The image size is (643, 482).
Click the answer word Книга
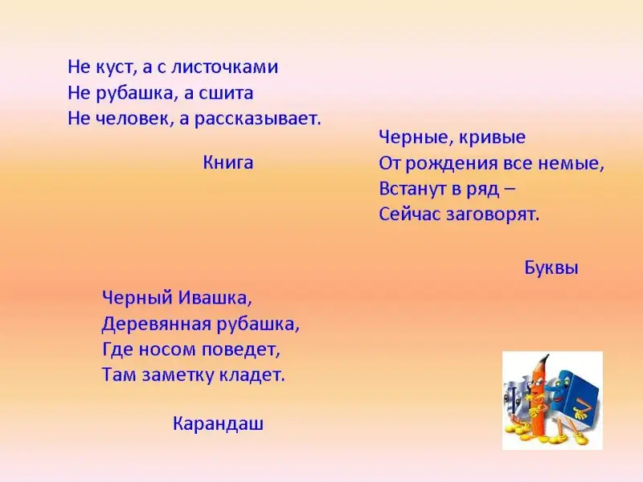[x=228, y=163]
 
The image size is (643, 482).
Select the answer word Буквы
[x=551, y=268]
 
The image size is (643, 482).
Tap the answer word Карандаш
[x=218, y=423]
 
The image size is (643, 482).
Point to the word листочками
[x=224, y=67]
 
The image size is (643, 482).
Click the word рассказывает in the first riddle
[x=257, y=119]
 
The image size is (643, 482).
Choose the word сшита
[x=226, y=93]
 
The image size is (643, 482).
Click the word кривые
[x=492, y=137]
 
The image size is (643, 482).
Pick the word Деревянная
[x=156, y=325]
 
